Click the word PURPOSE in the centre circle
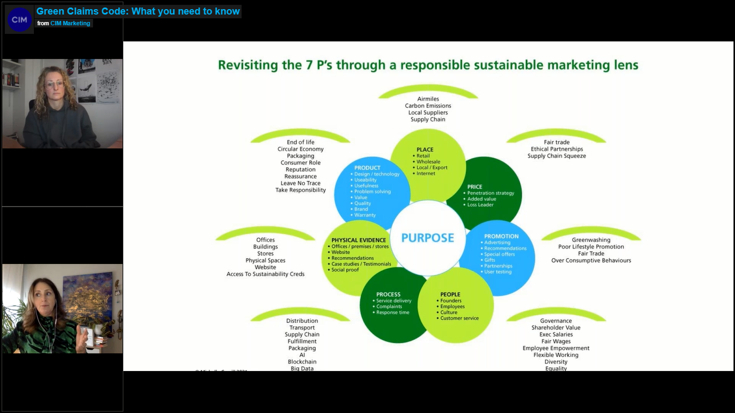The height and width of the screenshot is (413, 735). (x=428, y=238)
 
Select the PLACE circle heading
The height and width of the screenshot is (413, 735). (x=425, y=149)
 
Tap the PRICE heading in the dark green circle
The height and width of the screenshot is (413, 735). (x=475, y=187)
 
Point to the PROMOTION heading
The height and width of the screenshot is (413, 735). (x=501, y=236)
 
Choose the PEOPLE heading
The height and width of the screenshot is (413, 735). (x=450, y=294)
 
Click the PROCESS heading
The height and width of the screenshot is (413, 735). (x=388, y=294)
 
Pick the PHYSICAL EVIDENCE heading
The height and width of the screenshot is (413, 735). (x=358, y=240)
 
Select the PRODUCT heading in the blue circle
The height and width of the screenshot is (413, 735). (x=367, y=168)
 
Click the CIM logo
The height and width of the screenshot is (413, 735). (x=19, y=20)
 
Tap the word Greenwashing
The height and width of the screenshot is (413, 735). (x=591, y=240)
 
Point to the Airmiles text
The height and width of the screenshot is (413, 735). (x=428, y=99)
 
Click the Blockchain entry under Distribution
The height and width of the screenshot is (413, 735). (x=302, y=362)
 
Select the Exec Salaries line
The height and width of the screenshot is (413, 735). (x=556, y=334)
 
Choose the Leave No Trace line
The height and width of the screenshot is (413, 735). (x=300, y=183)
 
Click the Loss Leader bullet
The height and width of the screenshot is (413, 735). (x=480, y=205)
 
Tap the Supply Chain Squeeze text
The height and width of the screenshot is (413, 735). (x=556, y=156)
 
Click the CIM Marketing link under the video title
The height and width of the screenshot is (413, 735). (x=70, y=23)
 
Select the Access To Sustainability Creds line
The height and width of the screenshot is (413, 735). (x=265, y=274)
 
